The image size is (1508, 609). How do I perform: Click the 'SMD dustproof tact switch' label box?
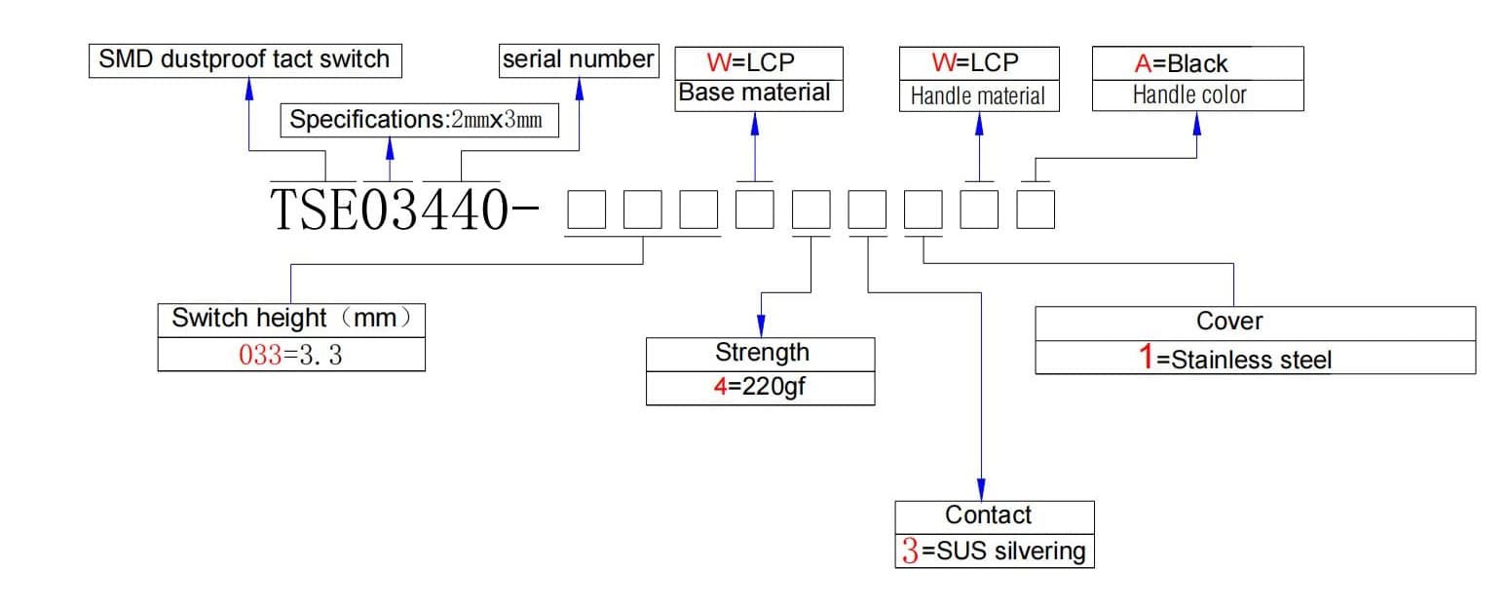[245, 60]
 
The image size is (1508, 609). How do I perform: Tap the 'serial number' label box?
[579, 60]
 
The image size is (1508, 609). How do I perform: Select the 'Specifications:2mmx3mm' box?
[420, 120]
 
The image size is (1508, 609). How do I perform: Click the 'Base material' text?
[754, 93]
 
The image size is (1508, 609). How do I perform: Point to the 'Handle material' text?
[977, 95]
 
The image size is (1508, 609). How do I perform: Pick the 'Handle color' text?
[1189, 95]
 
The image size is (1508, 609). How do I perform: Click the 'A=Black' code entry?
[1181, 63]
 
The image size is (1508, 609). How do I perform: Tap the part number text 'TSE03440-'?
[404, 209]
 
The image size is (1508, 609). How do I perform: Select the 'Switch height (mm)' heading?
[291, 318]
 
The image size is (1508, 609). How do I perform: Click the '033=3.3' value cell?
[291, 355]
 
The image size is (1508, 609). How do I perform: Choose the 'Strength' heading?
[762, 352]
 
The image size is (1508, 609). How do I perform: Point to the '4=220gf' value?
[760, 387]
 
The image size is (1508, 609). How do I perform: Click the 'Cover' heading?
[1229, 321]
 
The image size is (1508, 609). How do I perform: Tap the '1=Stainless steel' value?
[1234, 358]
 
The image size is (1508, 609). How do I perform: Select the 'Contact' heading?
[988, 514]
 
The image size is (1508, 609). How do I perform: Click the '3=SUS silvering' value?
[994, 551]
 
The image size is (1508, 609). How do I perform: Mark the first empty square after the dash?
[586, 209]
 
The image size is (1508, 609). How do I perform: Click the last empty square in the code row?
[1036, 209]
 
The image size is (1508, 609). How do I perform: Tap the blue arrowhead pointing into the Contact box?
[981, 490]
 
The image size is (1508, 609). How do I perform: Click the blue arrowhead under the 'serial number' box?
[579, 89]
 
